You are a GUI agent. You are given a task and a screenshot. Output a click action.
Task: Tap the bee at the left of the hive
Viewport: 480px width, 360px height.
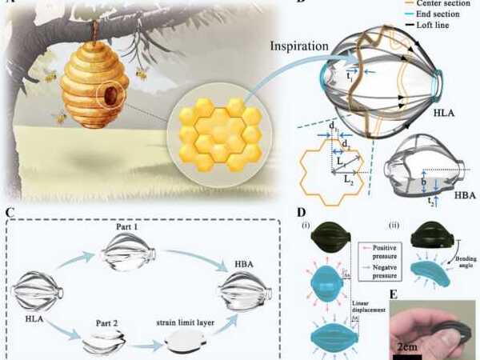coord(59,118)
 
